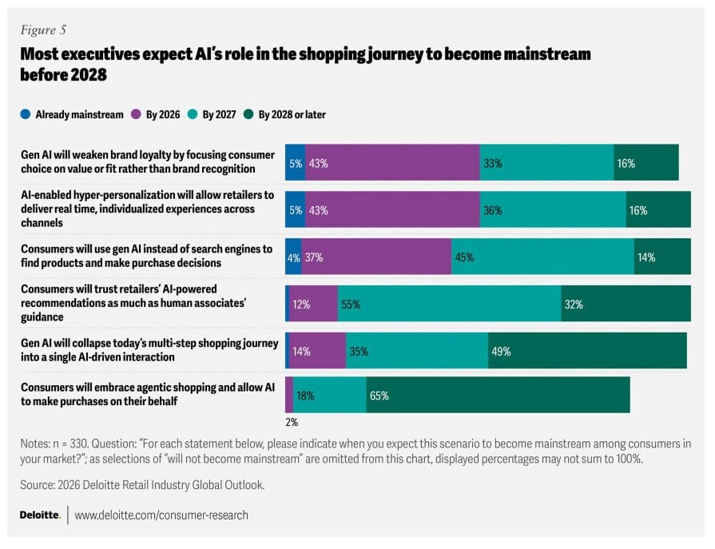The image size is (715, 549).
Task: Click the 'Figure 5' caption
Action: pyautogui.click(x=43, y=30)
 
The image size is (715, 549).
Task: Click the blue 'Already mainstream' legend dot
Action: pyautogui.click(x=26, y=114)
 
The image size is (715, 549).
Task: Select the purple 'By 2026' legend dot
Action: pyautogui.click(x=136, y=114)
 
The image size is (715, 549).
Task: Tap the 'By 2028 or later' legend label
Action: pyautogui.click(x=292, y=114)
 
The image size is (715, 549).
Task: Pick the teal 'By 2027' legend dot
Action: pyautogui.click(x=193, y=114)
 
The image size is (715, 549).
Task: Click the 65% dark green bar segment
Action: pyautogui.click(x=498, y=395)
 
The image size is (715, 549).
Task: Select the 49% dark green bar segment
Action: pyautogui.click(x=587, y=350)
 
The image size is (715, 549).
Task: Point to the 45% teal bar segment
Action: pyautogui.click(x=542, y=257)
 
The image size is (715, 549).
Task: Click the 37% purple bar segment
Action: pyautogui.click(x=376, y=257)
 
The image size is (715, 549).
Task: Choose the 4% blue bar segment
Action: pyautogui.click(x=293, y=257)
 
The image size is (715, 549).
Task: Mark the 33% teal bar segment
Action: pyautogui.click(x=546, y=163)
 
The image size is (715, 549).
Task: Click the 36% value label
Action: pyautogui.click(x=492, y=210)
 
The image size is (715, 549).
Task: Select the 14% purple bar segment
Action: pyautogui.click(x=317, y=350)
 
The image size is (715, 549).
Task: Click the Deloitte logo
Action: pyautogui.click(x=39, y=515)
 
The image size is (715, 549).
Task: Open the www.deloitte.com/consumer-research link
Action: pyautogui.click(x=161, y=515)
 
